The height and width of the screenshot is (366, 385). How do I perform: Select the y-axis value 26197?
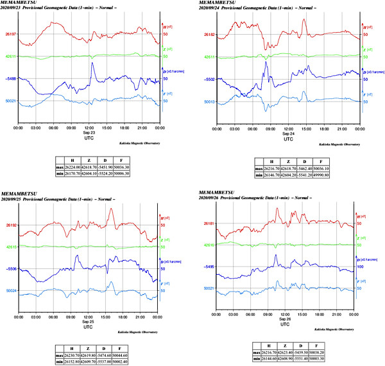point(11,34)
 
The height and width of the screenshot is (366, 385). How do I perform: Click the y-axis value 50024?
point(11,290)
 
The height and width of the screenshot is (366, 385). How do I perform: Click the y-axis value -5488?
point(11,78)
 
